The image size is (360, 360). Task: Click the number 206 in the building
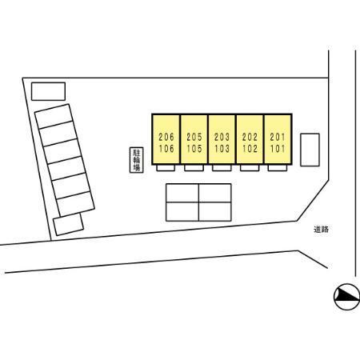point(166,137)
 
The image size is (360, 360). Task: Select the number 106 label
point(166,149)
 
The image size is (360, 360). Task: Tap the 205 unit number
point(194,137)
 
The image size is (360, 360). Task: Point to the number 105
point(194,149)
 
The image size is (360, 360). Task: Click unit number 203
point(222,137)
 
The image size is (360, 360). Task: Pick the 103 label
point(222,149)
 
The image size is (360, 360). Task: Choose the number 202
point(250,137)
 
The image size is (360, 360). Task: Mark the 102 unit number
point(250,149)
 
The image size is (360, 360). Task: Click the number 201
point(278,137)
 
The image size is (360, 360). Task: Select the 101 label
point(278,149)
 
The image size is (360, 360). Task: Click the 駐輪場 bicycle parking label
point(137,160)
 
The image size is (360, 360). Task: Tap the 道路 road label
point(321,230)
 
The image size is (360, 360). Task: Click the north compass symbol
point(346,297)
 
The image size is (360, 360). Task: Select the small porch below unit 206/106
point(166,168)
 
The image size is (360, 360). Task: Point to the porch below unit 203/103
point(222,168)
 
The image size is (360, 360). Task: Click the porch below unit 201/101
point(278,168)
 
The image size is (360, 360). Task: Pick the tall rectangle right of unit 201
point(310,150)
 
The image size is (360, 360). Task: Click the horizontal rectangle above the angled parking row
point(48,91)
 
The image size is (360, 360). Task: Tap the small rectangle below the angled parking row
point(68,225)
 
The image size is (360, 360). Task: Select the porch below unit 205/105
point(194,168)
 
